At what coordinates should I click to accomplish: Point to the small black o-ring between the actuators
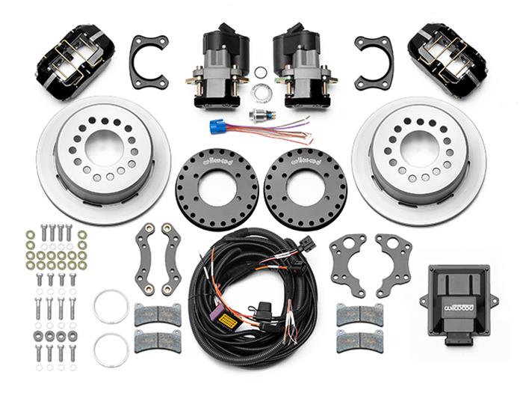point(261,73)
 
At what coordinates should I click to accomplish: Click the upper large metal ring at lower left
point(111,307)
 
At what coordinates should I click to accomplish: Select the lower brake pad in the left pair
point(158,341)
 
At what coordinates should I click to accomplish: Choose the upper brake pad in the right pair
point(359,315)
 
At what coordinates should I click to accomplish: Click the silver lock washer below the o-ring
point(260,93)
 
